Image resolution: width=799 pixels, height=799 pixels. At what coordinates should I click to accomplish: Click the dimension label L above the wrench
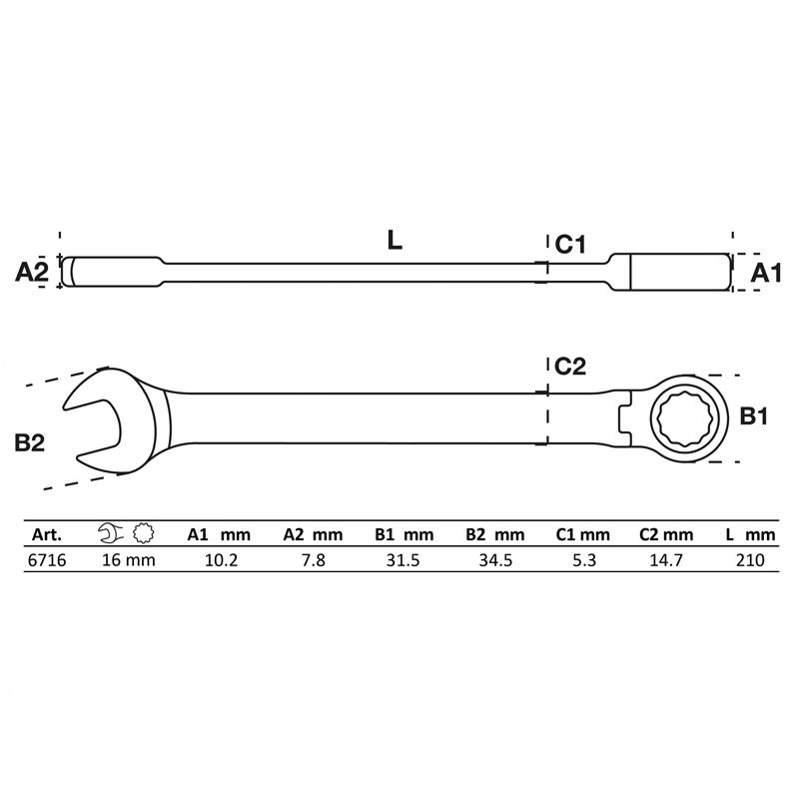pos(396,240)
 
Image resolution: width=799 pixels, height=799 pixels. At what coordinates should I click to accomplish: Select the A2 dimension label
pos(32,272)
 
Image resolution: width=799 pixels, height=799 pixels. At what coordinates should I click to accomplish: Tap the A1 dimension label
pos(766,273)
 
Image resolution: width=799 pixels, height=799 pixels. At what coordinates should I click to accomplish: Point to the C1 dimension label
pos(569,243)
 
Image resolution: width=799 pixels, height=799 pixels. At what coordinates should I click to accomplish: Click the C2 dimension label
pos(569,367)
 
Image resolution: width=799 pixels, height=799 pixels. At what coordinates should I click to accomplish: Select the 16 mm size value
pos(129,560)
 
